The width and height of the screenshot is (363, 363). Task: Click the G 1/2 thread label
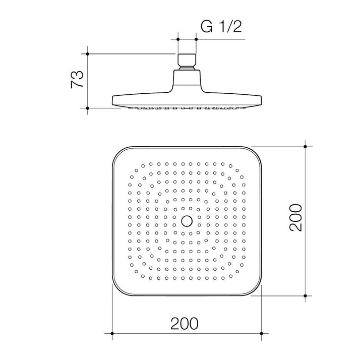coord(221,27)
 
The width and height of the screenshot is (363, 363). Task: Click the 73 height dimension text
coord(77,79)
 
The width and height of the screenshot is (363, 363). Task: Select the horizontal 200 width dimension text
coord(185,323)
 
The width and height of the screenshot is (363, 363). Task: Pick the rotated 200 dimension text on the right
coord(295,217)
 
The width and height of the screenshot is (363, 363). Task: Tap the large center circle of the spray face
coord(187,221)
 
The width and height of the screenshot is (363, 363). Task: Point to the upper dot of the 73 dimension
coord(88,54)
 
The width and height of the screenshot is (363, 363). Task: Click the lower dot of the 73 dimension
coord(88,108)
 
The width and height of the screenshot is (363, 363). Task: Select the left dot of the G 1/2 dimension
coord(178,39)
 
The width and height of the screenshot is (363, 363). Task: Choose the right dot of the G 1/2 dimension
coord(196,39)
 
